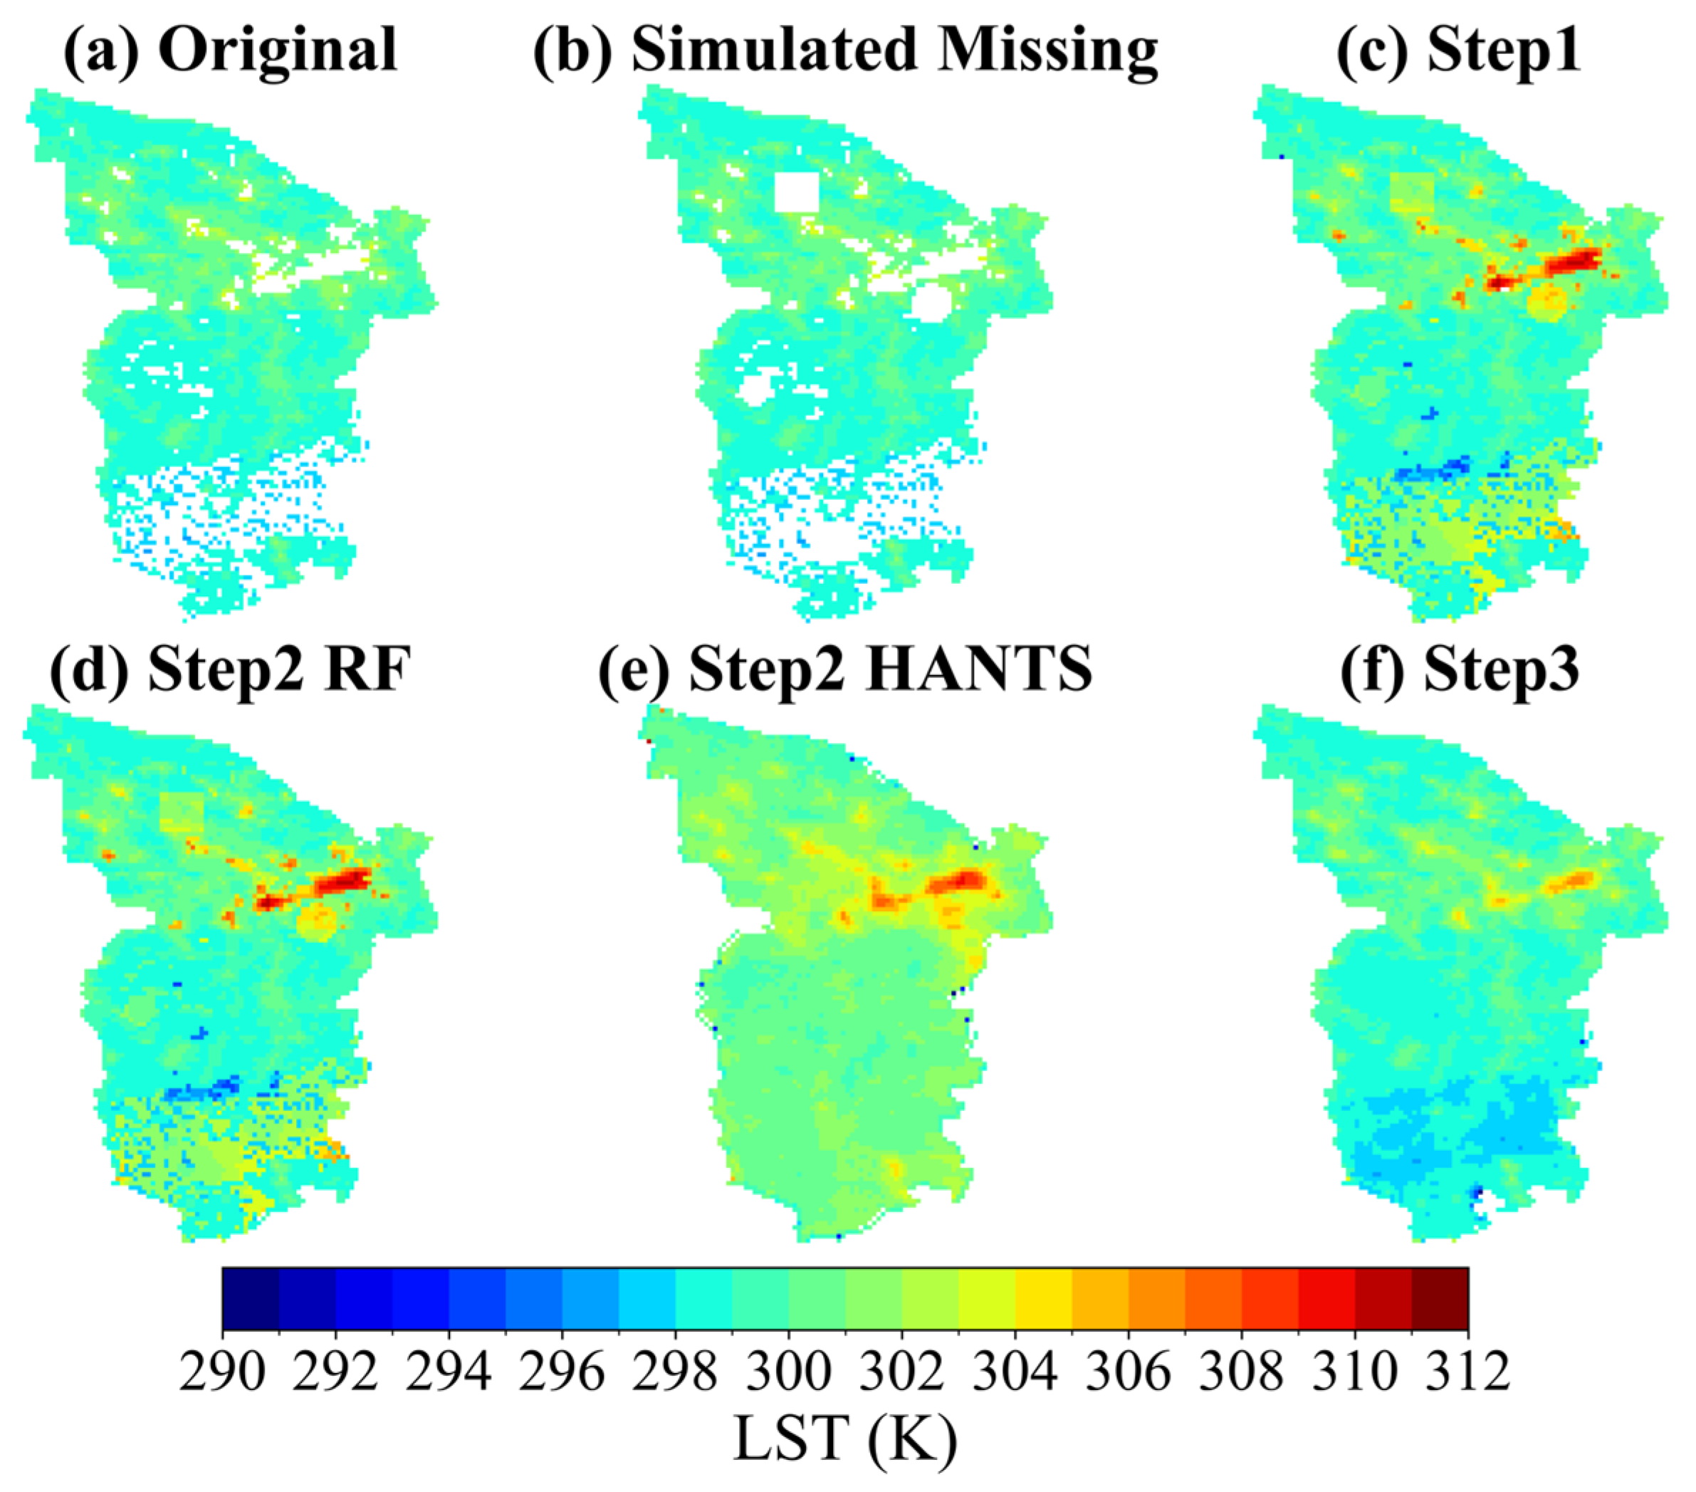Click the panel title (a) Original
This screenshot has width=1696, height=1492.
231,50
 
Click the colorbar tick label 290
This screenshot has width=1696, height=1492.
222,1372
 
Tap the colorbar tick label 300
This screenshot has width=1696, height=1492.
788,1372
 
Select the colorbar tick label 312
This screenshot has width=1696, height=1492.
1467,1372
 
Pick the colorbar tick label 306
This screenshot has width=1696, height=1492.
1128,1372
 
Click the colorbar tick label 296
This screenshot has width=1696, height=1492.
562,1372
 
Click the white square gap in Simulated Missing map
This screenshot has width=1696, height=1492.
796,192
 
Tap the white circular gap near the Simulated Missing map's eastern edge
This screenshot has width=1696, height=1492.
931,302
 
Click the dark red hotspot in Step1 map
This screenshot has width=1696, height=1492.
1572,261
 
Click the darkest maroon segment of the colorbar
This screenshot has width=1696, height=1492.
1440,1300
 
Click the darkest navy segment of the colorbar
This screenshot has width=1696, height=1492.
251,1300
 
